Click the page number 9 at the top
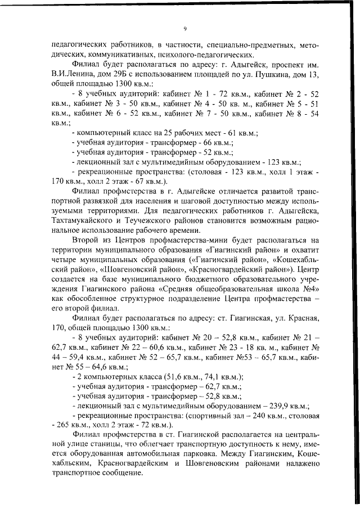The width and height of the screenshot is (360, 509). (x=184, y=29)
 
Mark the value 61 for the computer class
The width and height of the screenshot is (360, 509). (x=232, y=133)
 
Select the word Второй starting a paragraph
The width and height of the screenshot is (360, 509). (x=85, y=240)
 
